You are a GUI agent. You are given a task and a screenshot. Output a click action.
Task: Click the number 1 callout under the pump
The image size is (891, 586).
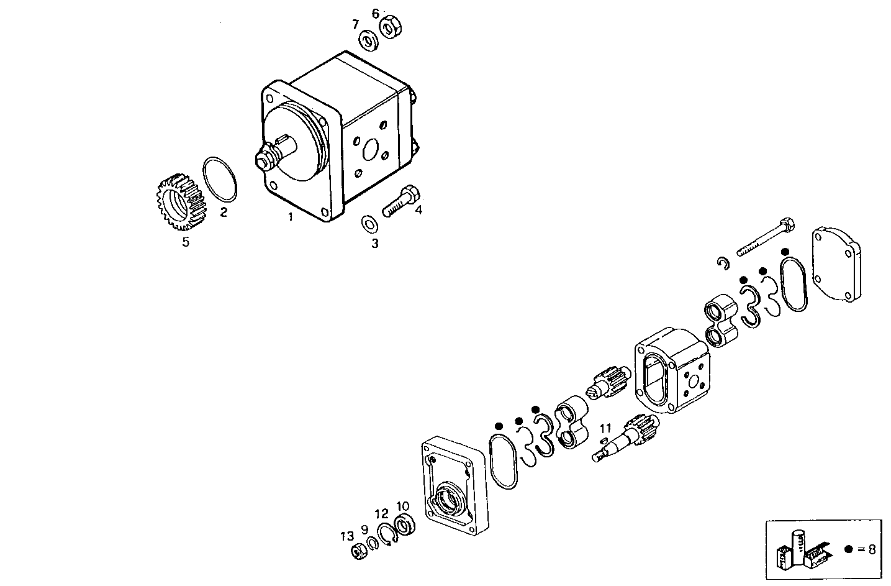[x=289, y=217]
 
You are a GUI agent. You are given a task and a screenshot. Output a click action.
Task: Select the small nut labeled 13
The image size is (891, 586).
[x=358, y=550]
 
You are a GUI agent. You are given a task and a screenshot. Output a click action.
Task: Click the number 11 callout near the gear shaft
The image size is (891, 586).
[x=605, y=428]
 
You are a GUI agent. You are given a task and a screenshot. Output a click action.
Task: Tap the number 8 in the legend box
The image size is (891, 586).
[x=872, y=549]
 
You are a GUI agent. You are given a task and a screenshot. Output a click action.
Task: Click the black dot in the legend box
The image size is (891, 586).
[x=849, y=549]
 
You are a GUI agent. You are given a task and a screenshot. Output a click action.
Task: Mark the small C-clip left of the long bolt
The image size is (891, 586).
[x=721, y=263]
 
